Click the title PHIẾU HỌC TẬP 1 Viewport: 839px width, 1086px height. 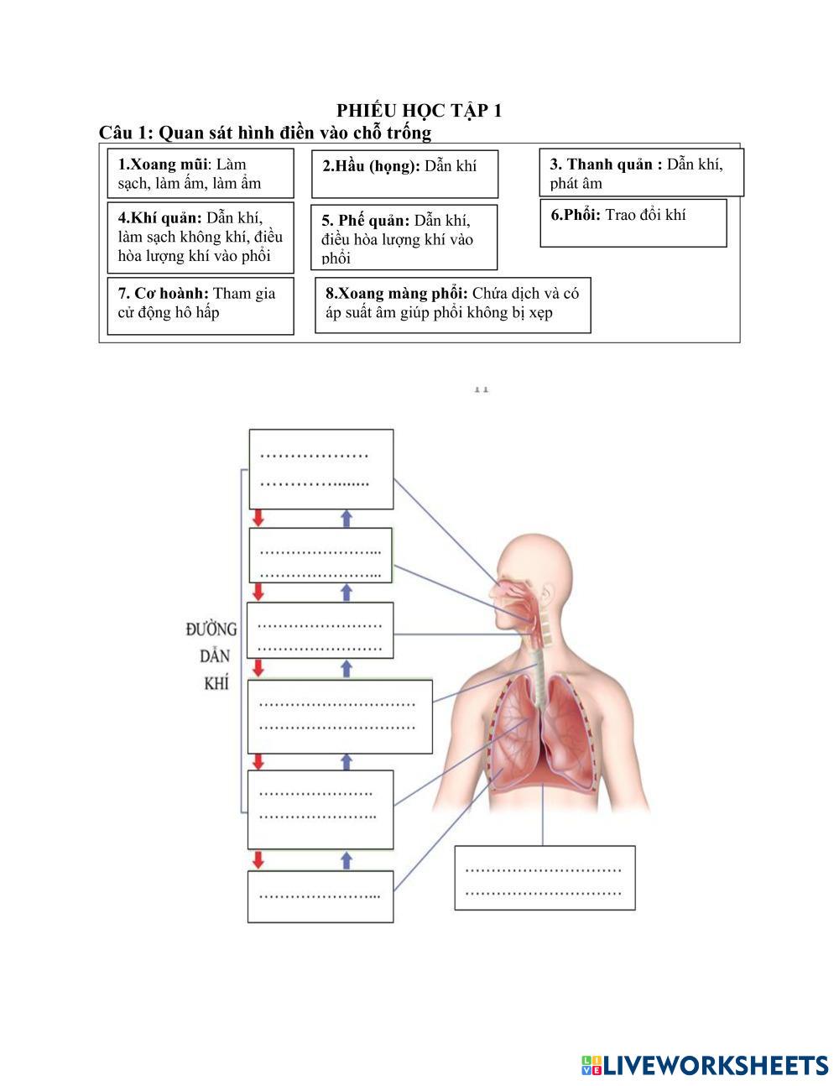[x=419, y=111]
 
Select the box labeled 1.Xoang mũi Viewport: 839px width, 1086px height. [x=201, y=174]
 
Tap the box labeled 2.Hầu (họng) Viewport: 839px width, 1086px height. [x=404, y=174]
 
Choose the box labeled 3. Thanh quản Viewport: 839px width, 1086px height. [x=641, y=173]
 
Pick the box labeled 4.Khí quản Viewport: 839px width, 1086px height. [x=201, y=238]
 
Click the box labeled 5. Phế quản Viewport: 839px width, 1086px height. [x=404, y=238]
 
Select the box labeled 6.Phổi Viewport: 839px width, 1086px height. [x=633, y=222]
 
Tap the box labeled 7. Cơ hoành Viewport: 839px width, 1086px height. [x=201, y=305]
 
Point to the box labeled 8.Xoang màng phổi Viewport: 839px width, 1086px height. [x=452, y=305]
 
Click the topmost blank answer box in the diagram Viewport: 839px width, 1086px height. [x=320, y=469]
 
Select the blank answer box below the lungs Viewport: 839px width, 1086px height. [x=545, y=878]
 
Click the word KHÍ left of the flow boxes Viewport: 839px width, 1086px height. [x=216, y=683]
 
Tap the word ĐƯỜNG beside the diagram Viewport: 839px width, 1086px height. [x=211, y=629]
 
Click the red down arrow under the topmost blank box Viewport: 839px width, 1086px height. [x=258, y=518]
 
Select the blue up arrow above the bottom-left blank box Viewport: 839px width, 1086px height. [x=347, y=859]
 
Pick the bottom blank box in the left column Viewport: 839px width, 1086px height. [x=320, y=896]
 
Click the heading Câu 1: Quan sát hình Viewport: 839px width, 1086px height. [x=265, y=133]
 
